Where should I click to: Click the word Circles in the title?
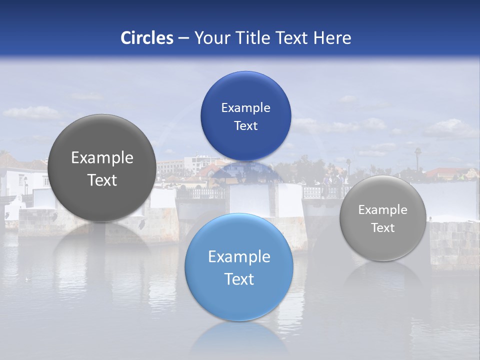coord(146,38)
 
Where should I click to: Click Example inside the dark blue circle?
coord(245,108)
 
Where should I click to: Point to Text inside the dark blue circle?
coord(245,126)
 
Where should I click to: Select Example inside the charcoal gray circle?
coord(102,158)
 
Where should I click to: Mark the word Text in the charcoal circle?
coord(102,180)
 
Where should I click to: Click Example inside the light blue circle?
coord(239,257)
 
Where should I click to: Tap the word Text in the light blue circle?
coord(239,279)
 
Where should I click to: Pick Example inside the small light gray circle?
coord(383,210)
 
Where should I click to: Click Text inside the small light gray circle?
coord(383,228)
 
